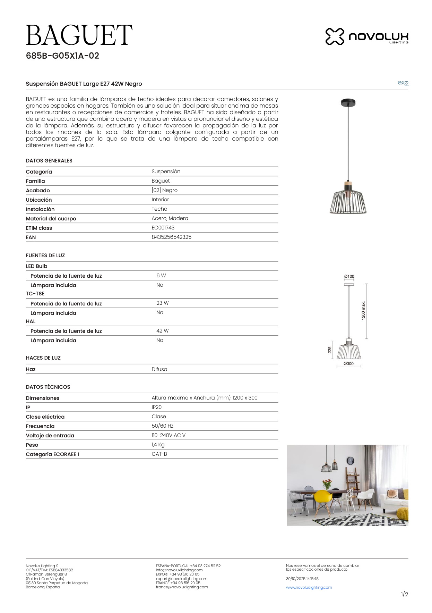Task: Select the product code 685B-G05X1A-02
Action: point(62,56)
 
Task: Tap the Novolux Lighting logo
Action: point(366,36)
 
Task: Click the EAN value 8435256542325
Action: point(171,237)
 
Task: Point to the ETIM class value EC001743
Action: point(163,228)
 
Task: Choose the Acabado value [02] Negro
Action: point(164,190)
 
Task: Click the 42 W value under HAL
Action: point(162,331)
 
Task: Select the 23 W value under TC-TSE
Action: point(162,303)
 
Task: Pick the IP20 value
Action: point(156,407)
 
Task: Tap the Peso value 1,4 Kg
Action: point(158,445)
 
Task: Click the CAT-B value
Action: point(159,454)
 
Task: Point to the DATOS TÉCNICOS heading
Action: point(48,387)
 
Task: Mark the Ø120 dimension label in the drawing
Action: point(349,277)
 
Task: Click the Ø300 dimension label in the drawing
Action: point(348,364)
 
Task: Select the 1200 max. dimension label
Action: point(363,311)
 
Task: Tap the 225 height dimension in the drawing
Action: point(330,350)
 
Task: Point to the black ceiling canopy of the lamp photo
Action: point(348,103)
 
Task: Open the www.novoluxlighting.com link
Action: point(309,587)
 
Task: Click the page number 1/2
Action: point(404,595)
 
